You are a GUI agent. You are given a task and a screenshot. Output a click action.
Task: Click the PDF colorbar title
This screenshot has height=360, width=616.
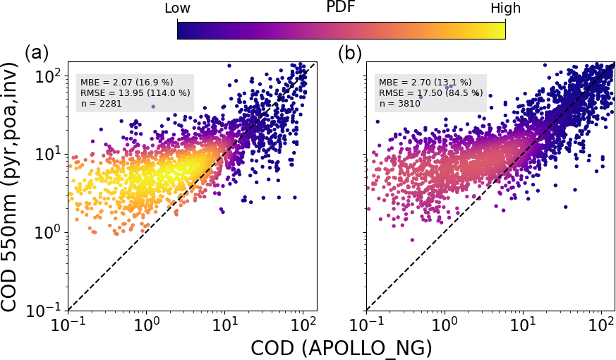342,8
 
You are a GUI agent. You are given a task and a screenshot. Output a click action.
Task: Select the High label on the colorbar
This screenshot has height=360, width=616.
505,8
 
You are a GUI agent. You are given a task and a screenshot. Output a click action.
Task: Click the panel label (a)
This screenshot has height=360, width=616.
37,52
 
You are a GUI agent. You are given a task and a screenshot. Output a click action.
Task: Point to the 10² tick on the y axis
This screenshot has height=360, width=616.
48,76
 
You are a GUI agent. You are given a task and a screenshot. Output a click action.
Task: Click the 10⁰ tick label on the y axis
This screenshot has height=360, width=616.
48,232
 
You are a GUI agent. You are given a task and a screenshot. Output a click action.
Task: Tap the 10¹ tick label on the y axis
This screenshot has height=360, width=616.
48,154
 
